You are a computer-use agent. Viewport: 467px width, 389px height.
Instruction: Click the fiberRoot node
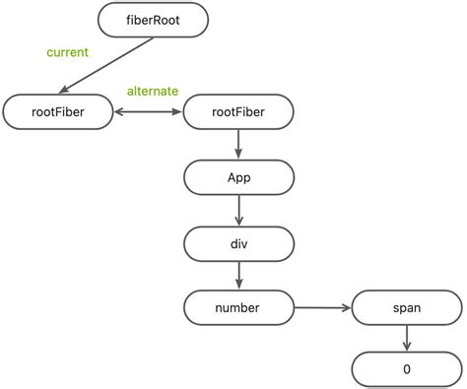[155, 20]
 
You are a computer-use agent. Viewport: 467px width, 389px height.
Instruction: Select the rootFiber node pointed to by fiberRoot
[59, 112]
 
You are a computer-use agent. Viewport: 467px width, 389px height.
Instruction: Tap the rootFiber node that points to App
[237, 112]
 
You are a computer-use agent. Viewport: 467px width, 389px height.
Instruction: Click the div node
[237, 241]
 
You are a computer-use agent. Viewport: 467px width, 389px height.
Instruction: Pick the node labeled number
[237, 307]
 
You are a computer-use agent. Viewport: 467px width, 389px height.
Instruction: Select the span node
[407, 307]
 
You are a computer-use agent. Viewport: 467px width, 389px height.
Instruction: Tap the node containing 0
[407, 369]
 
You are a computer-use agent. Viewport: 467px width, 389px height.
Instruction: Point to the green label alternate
[152, 92]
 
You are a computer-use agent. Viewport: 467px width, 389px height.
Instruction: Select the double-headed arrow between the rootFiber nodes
[149, 112]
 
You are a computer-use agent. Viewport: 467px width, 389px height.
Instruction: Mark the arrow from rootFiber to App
[237, 144]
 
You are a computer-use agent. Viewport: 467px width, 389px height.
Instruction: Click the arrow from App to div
[237, 209]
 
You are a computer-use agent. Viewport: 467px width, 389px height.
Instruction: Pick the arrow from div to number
[237, 274]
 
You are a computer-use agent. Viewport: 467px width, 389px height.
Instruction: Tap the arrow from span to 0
[407, 338]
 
